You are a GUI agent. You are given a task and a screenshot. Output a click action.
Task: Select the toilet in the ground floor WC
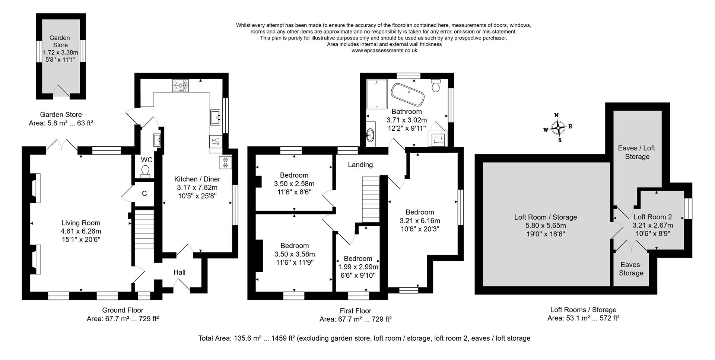click(x=145, y=171)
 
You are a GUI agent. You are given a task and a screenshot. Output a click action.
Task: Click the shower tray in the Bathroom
click(x=377, y=94)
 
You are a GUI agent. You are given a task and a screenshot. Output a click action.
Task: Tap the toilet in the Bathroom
click(x=436, y=86)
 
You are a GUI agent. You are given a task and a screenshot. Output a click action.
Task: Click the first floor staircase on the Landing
click(x=371, y=199)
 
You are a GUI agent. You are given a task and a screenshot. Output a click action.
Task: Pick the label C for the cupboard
click(x=144, y=194)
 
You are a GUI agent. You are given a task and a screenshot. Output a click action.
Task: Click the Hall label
click(x=179, y=273)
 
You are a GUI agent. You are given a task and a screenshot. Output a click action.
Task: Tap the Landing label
click(x=360, y=165)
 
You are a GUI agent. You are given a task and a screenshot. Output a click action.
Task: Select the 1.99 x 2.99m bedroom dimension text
click(x=358, y=267)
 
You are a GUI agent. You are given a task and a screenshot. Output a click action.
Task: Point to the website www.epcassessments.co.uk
click(x=384, y=51)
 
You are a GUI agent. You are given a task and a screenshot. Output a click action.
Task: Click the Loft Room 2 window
click(x=689, y=208)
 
